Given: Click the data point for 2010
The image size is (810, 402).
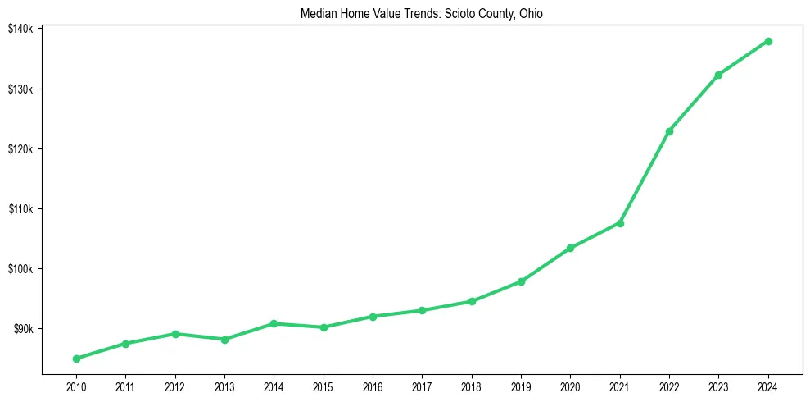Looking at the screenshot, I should pos(76,359).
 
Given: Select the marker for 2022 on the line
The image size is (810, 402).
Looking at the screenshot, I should pos(669,131).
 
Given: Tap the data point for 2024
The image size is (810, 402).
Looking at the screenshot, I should pos(768,41).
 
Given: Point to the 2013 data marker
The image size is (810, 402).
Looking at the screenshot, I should pos(224,339).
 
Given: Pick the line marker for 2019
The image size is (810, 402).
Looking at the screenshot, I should pos(521,281).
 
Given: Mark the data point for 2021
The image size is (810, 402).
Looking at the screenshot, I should pos(620,223).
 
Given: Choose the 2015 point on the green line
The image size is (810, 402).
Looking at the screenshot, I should pos(324,327).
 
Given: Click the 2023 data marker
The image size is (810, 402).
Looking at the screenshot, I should pos(718,75).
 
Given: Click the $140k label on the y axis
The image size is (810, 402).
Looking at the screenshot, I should pos(20,29).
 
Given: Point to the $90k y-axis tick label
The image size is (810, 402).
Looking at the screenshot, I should pos(23,329).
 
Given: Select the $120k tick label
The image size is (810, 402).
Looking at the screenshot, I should pos(20,148).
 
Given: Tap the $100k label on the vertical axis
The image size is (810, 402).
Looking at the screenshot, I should pos(20,269).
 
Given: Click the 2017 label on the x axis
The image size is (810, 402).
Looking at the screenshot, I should pos(422,386).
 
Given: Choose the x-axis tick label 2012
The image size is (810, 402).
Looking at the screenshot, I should pos(174,386).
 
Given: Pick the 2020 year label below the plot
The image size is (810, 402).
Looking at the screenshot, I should pos(570,386).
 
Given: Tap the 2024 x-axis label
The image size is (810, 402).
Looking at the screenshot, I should pos(768,386).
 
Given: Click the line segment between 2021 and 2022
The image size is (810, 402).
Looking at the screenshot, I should pos(645,177).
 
